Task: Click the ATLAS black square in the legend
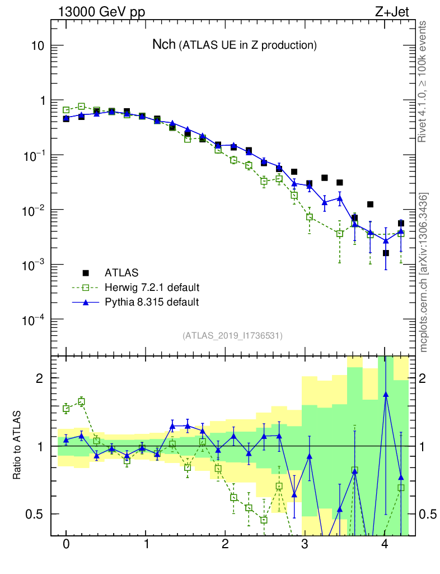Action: (x=86, y=273)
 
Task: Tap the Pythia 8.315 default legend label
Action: (x=152, y=302)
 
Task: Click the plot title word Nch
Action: (x=164, y=45)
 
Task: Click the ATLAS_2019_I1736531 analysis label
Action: (x=232, y=336)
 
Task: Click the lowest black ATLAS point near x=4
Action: (x=386, y=253)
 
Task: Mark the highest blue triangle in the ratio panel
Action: (x=386, y=395)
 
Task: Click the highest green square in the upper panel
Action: (x=82, y=106)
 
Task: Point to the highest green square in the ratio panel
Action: (x=82, y=401)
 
